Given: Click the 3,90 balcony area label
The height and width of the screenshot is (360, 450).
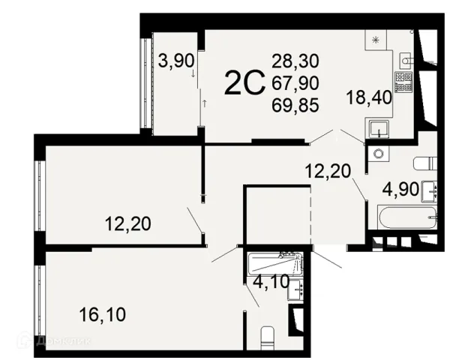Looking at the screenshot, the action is [176, 61].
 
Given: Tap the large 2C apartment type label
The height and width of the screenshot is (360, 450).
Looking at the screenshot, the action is [244, 82].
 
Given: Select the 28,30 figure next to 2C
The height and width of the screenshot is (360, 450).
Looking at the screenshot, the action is [295, 61].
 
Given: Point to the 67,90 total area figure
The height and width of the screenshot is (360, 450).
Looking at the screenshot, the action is [295, 83].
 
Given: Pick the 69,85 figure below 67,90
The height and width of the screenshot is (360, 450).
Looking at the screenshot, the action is [295, 105].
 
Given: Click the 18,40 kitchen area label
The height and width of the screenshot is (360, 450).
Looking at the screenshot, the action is [369, 97].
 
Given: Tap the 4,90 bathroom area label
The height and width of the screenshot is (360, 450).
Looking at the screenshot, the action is [400, 190].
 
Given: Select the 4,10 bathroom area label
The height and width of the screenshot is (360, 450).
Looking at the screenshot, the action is [271, 282].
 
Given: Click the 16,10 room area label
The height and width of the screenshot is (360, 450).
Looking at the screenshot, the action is [103, 314].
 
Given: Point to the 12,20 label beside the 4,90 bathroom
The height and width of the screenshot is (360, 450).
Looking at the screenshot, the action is [328, 172].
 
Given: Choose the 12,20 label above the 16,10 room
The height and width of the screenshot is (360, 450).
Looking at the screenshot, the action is [127, 224].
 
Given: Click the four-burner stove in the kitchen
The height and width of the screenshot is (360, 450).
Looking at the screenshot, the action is [403, 82].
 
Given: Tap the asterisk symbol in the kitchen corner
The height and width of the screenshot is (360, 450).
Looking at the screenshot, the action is [375, 40].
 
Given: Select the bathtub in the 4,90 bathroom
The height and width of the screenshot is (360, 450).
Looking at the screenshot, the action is [407, 217].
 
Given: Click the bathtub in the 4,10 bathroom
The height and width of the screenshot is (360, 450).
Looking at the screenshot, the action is [275, 262].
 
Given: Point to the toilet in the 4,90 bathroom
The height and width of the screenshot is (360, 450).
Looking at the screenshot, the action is [425, 164].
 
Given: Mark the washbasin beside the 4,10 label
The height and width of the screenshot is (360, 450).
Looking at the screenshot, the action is [295, 289].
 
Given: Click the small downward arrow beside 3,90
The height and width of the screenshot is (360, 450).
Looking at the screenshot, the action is [193, 73].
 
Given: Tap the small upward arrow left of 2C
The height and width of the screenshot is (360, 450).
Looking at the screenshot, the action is [204, 103].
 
